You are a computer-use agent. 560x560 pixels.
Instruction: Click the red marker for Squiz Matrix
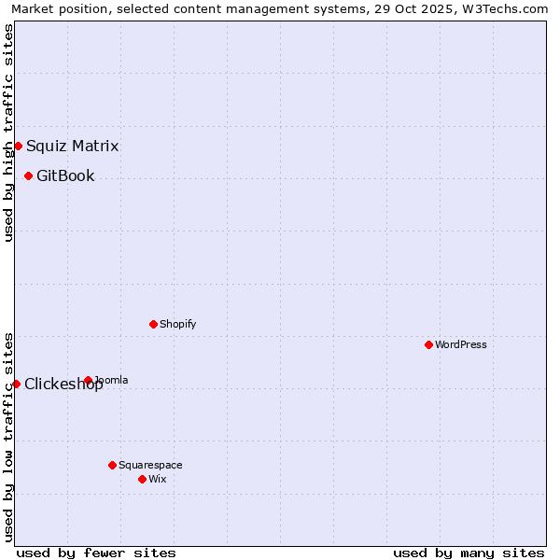click(18, 146)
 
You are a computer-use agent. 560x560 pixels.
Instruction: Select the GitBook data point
click(28, 175)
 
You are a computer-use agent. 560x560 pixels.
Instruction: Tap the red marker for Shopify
click(153, 324)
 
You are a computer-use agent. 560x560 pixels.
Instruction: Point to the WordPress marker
click(428, 344)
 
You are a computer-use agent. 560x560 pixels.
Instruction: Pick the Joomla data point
click(88, 380)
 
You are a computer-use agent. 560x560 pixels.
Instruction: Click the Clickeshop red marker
click(16, 384)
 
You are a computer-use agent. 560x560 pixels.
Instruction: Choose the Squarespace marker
click(112, 465)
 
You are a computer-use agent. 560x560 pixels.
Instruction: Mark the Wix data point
click(142, 479)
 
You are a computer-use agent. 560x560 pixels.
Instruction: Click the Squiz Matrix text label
click(72, 146)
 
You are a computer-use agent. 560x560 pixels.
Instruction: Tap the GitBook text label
click(65, 175)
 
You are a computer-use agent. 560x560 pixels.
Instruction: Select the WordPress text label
click(461, 344)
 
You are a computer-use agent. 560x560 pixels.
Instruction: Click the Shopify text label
click(177, 324)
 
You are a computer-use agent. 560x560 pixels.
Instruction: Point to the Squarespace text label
click(150, 465)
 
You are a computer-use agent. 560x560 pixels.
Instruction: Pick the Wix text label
click(158, 479)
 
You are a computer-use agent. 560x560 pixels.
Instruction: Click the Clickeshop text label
click(63, 384)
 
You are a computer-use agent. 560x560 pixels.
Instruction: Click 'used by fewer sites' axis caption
click(96, 553)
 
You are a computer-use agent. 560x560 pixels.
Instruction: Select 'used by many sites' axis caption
click(469, 553)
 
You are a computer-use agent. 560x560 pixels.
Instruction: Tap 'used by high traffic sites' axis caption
click(8, 133)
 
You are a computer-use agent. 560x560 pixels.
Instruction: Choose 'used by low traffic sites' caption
click(8, 436)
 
